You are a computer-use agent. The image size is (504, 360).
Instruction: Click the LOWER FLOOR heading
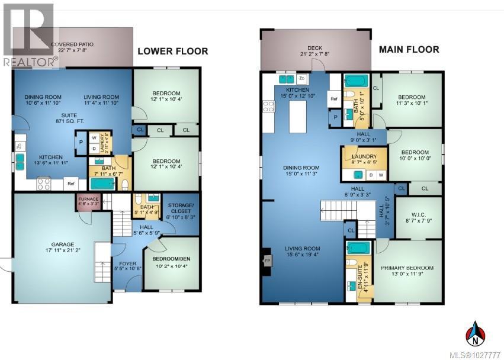[x=173, y=52]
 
